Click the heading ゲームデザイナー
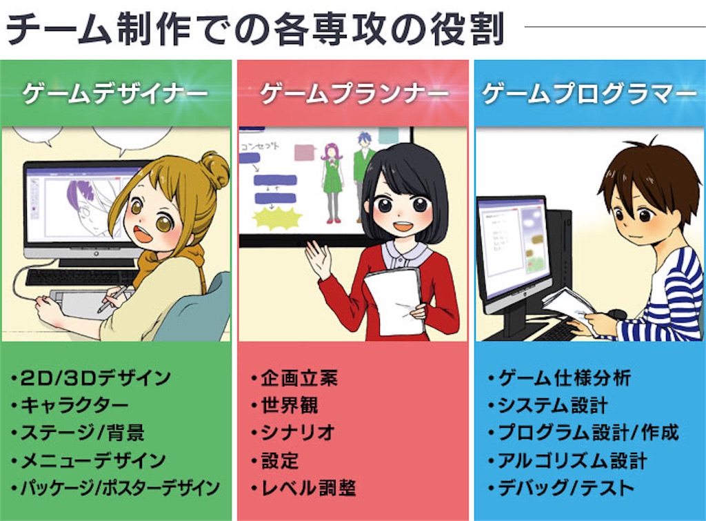click(x=115, y=93)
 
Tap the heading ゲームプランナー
click(x=354, y=93)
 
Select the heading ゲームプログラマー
click(x=589, y=93)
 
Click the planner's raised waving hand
click(x=318, y=260)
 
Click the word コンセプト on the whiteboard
click(x=260, y=146)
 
